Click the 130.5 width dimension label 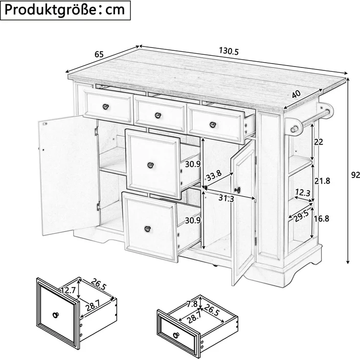tap(229, 51)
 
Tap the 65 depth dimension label tap(99, 54)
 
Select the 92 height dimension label tap(356, 175)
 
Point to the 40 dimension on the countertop tap(296, 94)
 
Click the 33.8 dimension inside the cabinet tap(214, 176)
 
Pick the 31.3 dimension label tap(226, 198)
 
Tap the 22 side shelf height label tap(318, 142)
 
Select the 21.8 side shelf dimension tap(322, 181)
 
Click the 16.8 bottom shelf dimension tap(321, 219)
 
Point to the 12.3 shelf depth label tap(303, 192)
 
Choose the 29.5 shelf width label tap(302, 216)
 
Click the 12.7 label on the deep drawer tap(68, 291)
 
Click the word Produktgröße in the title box tap(49, 10)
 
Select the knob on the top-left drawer tap(105, 107)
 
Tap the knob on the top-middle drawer tap(157, 115)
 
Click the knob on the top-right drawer tap(213, 125)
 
